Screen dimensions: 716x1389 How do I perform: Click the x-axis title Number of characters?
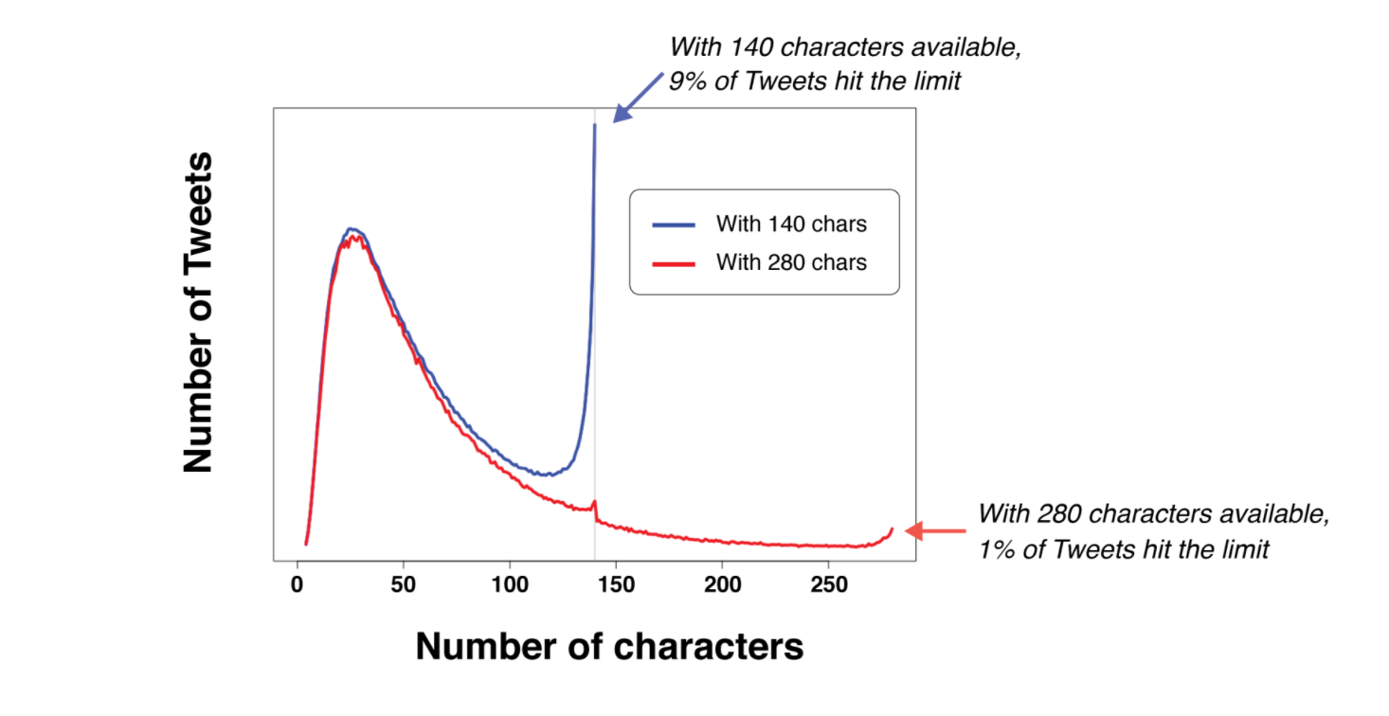(x=609, y=647)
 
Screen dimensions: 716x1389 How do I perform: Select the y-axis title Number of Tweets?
(x=198, y=312)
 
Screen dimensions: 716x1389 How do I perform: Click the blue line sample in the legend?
(x=674, y=225)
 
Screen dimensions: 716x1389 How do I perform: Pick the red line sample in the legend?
(x=674, y=262)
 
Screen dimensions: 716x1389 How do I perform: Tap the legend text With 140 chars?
(x=791, y=225)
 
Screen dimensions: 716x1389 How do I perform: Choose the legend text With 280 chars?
(x=791, y=262)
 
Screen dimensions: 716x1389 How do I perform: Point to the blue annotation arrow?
(x=638, y=97)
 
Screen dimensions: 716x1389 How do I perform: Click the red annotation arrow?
(x=935, y=531)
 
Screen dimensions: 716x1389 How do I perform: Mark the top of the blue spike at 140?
(x=595, y=125)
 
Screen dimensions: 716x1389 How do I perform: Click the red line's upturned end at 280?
(x=891, y=529)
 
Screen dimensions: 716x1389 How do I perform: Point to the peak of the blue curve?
(x=352, y=229)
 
